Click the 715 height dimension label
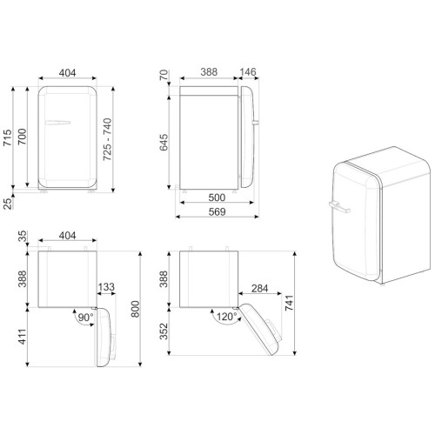pos(8,137)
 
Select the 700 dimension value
pos(22,137)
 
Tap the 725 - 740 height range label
pos(107,139)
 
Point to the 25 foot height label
pos(8,204)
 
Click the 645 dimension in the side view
pos(164,142)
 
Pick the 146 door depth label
pos(248,71)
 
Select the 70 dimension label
pos(164,75)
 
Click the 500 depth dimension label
pos(217,197)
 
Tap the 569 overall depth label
pos(217,211)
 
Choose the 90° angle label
pos(85,318)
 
